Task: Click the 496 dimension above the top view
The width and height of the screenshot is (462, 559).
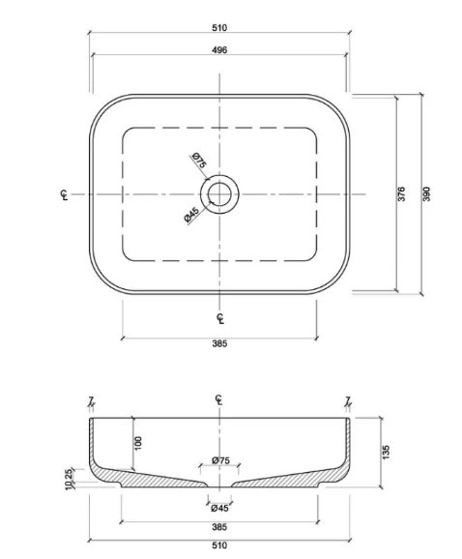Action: pyautogui.click(x=219, y=49)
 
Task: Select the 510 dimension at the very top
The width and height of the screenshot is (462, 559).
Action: pyautogui.click(x=219, y=28)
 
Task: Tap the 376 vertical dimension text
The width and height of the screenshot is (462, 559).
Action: pyautogui.click(x=402, y=194)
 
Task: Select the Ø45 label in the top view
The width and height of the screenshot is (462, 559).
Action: pyautogui.click(x=191, y=217)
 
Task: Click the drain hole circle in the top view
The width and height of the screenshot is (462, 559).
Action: pyautogui.click(x=219, y=193)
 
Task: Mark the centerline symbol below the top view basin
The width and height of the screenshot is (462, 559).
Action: pyautogui.click(x=219, y=318)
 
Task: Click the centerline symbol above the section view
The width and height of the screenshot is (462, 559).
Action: pyautogui.click(x=219, y=400)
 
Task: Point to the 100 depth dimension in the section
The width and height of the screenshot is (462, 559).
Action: pyautogui.click(x=137, y=442)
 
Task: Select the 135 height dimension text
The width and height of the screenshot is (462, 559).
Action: pyautogui.click(x=387, y=452)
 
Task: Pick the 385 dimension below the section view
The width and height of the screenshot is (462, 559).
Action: pyautogui.click(x=219, y=527)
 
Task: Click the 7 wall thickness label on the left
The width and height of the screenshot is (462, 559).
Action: pyautogui.click(x=89, y=399)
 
